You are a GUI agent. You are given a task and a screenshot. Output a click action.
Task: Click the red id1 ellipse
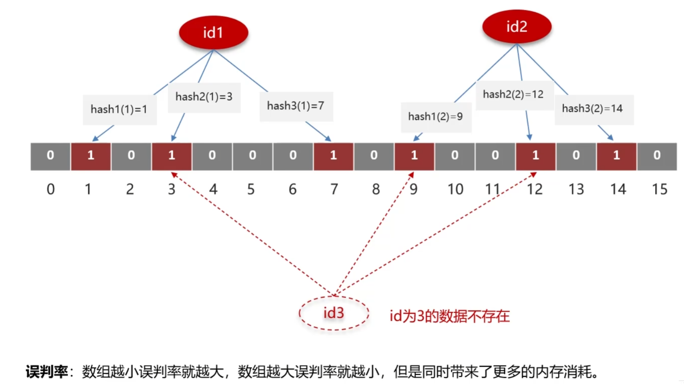tap(213, 32)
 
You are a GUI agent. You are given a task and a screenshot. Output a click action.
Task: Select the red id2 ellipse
tap(516, 27)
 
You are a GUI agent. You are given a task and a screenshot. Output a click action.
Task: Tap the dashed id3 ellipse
tap(334, 313)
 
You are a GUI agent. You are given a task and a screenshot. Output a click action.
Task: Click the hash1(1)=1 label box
tap(119, 110)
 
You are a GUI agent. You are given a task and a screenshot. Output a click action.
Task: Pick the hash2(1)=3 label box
tap(204, 97)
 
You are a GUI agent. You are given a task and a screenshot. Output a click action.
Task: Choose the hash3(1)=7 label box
tap(296, 106)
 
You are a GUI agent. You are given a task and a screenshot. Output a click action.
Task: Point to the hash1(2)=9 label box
tap(435, 117)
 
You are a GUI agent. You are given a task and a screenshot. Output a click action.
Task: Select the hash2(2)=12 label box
tap(513, 94)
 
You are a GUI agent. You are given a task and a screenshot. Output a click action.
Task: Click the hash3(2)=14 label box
tap(592, 109)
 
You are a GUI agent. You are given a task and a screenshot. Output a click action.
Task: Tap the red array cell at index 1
tap(91, 156)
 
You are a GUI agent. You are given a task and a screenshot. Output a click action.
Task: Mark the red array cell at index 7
tap(334, 156)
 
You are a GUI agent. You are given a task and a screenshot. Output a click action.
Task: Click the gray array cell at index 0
tap(50, 156)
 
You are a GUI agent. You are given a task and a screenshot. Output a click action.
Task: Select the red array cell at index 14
tap(616, 156)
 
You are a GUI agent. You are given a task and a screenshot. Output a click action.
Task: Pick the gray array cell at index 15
tap(657, 156)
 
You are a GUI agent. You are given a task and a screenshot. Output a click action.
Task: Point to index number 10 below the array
tap(455, 189)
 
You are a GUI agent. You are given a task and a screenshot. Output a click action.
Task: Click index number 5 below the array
tap(251, 189)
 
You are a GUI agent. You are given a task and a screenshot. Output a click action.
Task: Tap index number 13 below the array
tap(576, 189)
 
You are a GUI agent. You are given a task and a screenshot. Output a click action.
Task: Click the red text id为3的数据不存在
tap(449, 316)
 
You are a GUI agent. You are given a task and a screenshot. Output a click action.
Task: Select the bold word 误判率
tap(46, 372)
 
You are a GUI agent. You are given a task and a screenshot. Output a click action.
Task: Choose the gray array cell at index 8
tap(374, 156)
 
